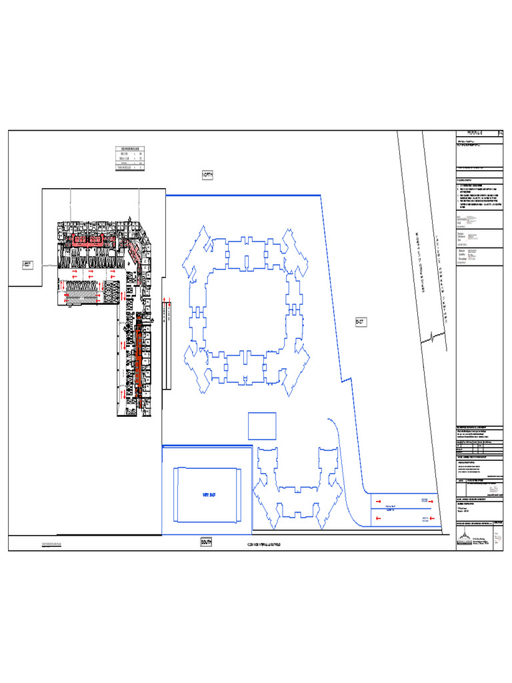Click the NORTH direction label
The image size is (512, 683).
pos(207,175)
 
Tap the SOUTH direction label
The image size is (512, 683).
pos(206,543)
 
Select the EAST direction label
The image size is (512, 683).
pos(360,322)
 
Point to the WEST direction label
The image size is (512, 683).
pos(27,265)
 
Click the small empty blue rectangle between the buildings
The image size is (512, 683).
pos(262,426)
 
